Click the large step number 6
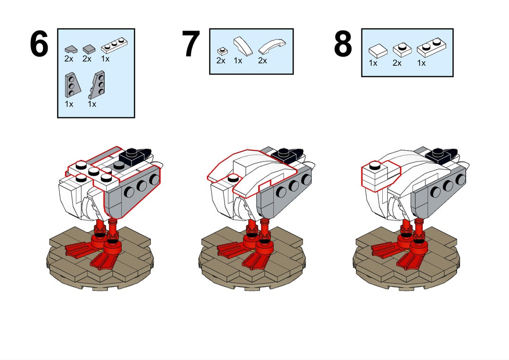coord(39,44)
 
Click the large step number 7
coord(190,44)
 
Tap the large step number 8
coord(343,44)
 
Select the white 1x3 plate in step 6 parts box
coord(114,45)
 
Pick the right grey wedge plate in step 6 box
coord(97,85)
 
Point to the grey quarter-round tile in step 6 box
coord(71,49)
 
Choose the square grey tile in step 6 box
coord(89,49)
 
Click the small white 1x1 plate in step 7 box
coord(222,51)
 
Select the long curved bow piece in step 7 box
coord(272,46)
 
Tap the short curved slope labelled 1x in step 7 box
coord(243,46)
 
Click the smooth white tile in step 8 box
coord(378,51)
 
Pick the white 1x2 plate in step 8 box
coord(431,48)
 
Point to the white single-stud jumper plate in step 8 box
coord(402,49)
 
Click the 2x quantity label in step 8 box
coord(397,63)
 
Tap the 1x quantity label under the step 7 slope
coord(238,61)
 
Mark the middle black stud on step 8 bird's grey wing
coord(448,186)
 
